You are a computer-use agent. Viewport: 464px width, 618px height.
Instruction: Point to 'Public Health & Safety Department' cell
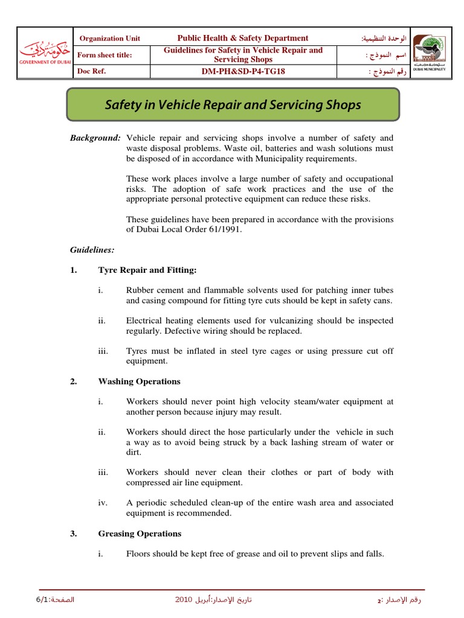pos(243,38)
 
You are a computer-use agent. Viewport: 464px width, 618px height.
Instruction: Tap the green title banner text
pos(233,105)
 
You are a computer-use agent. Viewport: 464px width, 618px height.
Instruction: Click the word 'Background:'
pos(95,138)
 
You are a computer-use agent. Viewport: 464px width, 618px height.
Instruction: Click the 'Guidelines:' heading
pos(92,249)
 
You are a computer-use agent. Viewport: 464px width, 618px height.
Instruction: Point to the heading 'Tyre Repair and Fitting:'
pos(147,270)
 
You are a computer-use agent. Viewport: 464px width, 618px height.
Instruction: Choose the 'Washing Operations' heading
pos(139,381)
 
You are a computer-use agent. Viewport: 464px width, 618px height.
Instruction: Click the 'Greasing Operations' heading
pos(140,534)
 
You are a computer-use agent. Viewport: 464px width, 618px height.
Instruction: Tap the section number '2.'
pos(74,381)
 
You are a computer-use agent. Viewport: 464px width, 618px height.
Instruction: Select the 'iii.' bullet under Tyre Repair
pos(102,351)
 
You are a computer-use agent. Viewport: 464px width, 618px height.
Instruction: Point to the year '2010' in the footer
pos(184,599)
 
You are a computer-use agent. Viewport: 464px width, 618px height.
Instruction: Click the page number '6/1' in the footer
pos(28,599)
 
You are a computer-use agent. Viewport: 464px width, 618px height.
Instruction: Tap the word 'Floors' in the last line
pos(138,554)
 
